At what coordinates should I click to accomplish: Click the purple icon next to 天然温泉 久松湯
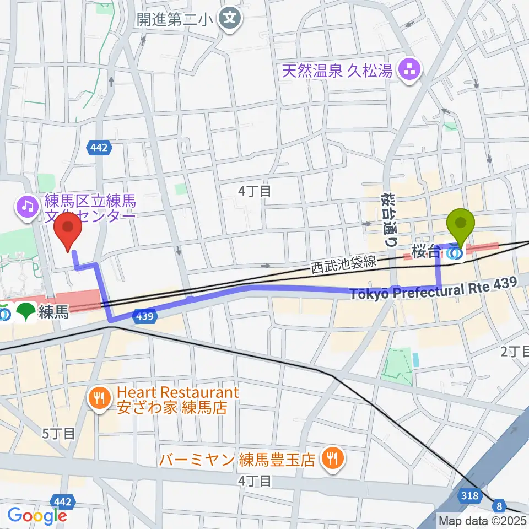coord(410,71)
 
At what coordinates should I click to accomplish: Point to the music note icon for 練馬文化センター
coord(26,207)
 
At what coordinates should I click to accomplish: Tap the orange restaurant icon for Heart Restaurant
coord(99,398)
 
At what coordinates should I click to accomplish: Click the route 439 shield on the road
coord(144,316)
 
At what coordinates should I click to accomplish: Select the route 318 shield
coord(470,496)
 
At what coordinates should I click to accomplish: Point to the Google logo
coord(37,516)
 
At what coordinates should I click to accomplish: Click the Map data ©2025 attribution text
coord(483,520)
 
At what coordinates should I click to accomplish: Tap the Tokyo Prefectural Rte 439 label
coord(433,288)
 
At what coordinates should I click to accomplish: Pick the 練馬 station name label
coord(53,313)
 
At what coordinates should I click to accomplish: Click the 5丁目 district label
coord(59,433)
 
